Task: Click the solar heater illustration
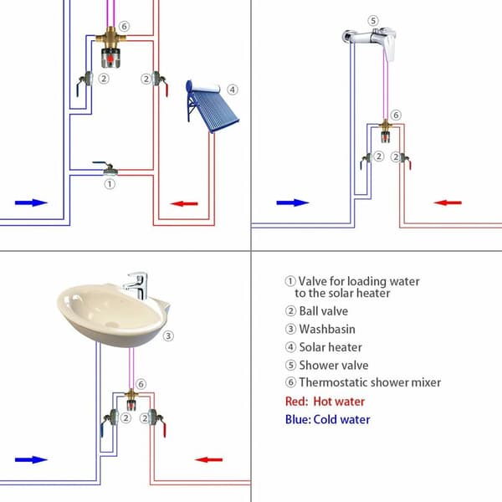(212, 105)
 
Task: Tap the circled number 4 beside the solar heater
(233, 90)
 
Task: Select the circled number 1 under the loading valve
(110, 184)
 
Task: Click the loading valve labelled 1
(106, 168)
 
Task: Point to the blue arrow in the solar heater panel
(31, 202)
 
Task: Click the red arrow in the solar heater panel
(184, 203)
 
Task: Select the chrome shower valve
(370, 43)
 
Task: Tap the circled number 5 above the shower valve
(373, 21)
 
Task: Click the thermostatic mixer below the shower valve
(386, 131)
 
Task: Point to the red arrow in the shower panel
(448, 202)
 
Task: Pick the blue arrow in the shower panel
(293, 202)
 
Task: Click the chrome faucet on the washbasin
(136, 285)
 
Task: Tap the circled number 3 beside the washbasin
(168, 336)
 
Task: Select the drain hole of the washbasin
(112, 325)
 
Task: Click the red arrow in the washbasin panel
(208, 460)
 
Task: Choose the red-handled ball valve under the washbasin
(157, 422)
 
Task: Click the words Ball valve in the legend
(323, 311)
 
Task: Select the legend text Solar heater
(330, 347)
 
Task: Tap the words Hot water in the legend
(339, 402)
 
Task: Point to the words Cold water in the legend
(341, 420)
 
